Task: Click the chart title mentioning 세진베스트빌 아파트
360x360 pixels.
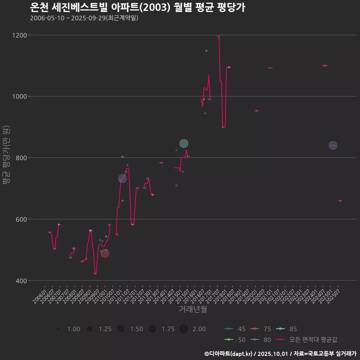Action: point(137,7)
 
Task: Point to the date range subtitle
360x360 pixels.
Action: point(84,18)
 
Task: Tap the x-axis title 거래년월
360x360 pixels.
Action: point(193,309)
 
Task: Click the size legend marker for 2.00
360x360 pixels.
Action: point(183,329)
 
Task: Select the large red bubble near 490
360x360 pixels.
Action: point(105,253)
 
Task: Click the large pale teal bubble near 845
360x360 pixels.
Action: point(184,144)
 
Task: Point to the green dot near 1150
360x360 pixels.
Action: point(206,51)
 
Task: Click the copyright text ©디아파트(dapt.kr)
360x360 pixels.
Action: point(230,353)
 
